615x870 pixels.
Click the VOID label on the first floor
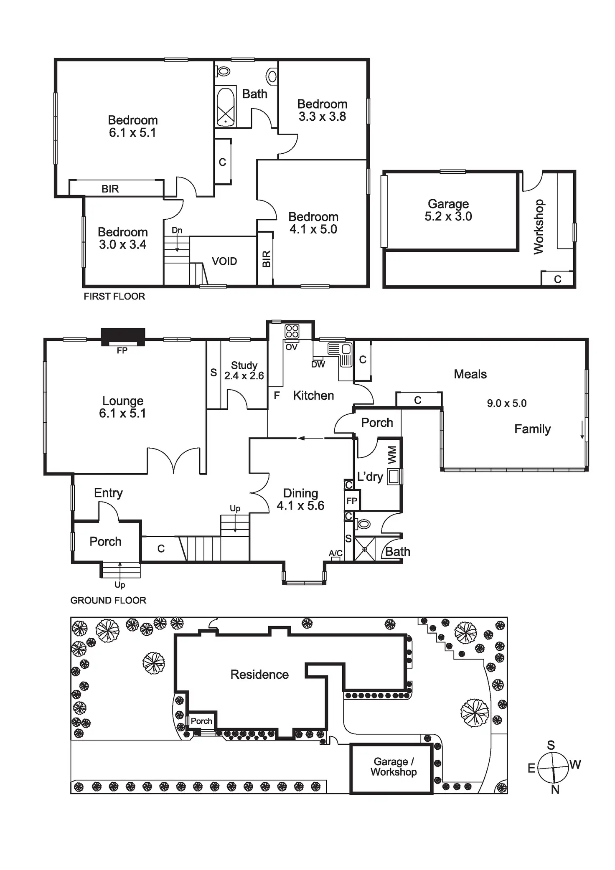224,261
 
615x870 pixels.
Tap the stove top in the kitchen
292,332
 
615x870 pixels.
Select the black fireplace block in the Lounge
123,336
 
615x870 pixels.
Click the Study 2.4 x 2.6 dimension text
244,376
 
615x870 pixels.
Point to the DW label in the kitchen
318,365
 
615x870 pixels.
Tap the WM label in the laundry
392,455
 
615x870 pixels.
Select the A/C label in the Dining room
335,553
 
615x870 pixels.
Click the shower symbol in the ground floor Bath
364,549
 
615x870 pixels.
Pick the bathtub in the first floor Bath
226,107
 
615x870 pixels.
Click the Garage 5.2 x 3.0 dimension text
448,216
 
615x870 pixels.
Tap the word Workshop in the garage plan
539,227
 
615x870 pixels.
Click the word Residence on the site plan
259,675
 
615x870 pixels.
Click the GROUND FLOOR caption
108,600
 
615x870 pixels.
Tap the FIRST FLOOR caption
114,297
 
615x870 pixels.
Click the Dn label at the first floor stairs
177,231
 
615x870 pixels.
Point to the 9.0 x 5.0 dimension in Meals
506,403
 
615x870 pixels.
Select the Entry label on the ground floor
108,493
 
